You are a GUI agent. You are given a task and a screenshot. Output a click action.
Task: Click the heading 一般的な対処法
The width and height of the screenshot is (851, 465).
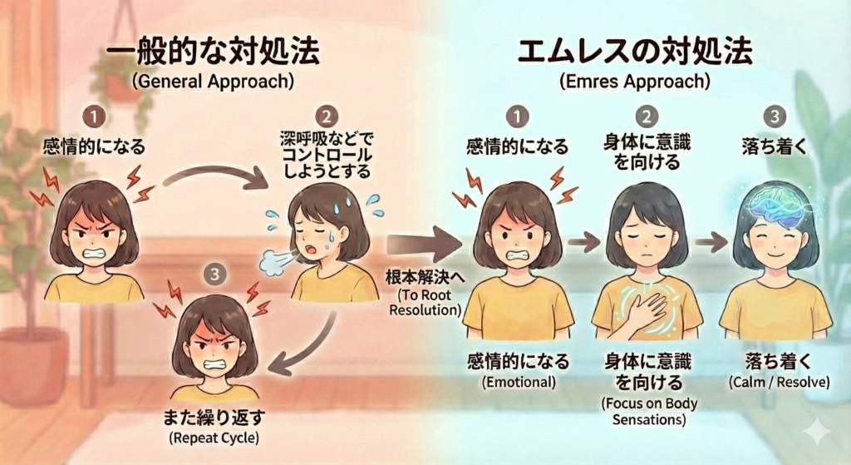213,53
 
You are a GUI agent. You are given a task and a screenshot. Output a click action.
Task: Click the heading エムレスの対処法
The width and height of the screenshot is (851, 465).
635,52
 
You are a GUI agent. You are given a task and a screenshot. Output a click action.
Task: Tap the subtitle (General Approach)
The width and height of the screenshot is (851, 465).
213,83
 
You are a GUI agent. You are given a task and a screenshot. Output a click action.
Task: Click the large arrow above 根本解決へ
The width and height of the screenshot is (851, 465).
423,244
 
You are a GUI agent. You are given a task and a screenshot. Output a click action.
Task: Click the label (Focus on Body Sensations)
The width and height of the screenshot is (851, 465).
650,412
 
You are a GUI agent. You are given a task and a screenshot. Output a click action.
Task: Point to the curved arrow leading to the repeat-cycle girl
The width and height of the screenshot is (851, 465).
307,345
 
